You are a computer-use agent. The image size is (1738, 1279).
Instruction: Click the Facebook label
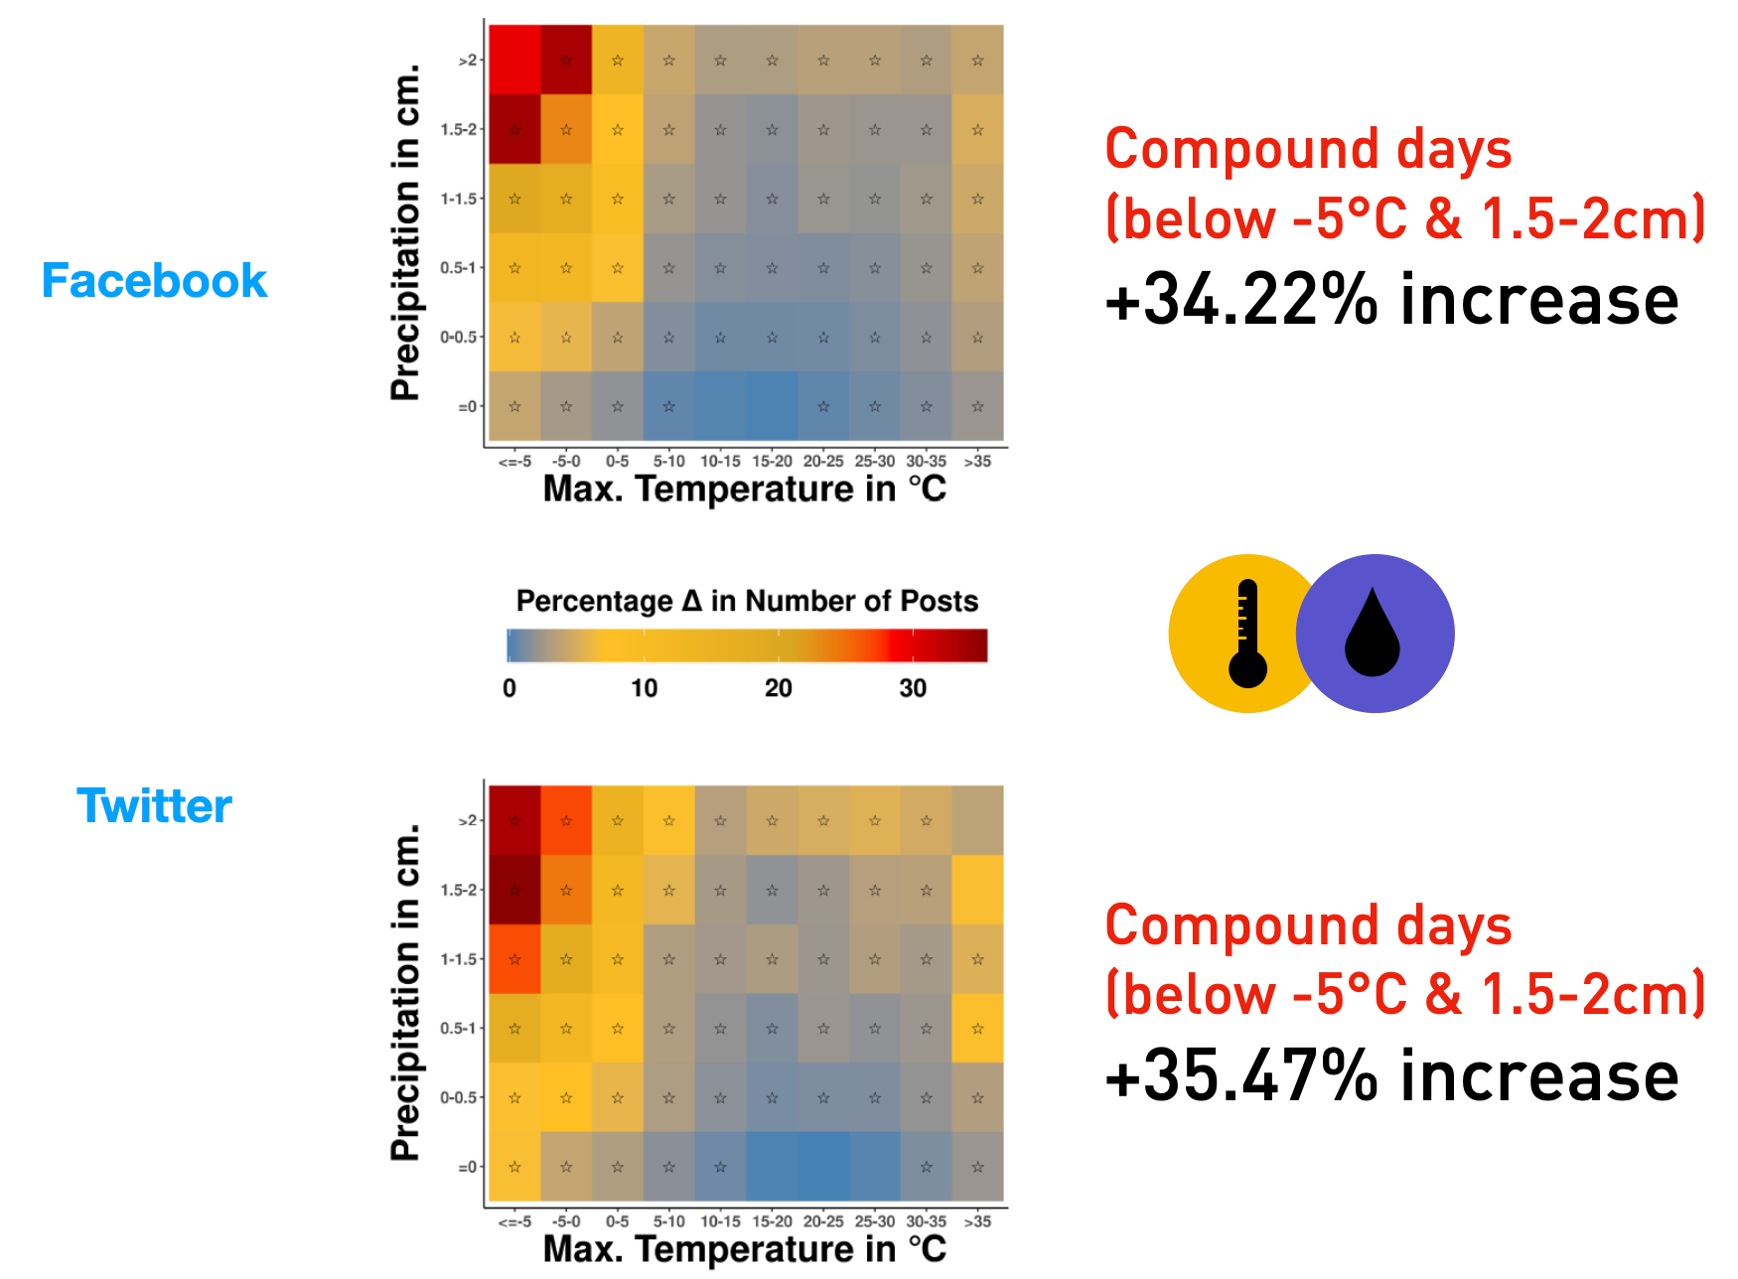154,281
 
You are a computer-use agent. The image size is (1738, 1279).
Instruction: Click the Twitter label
154,805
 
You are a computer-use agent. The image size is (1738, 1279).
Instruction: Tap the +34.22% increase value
1390,301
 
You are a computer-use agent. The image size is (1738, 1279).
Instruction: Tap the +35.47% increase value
1390,1077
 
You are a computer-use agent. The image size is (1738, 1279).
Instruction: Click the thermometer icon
1247,634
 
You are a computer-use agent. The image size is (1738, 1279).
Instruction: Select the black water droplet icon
1373,634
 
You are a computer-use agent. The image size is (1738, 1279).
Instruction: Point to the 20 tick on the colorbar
778,688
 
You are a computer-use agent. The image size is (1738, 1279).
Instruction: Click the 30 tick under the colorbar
913,688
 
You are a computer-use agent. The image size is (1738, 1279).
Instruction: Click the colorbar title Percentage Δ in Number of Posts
747,602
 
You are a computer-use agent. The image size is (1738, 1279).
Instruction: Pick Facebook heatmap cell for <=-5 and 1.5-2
514,129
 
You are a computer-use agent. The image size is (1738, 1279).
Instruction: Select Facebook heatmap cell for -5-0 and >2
566,61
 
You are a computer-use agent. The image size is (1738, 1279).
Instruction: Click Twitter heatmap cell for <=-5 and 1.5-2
514,890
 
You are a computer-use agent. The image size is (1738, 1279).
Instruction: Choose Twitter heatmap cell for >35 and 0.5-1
978,1029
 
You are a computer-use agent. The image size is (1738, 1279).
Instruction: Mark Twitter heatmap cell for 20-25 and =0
823,1167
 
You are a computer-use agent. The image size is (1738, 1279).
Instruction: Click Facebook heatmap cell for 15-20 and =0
772,406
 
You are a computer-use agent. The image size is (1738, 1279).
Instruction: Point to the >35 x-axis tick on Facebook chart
978,462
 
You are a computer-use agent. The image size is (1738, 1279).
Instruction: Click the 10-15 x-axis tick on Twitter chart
720,1221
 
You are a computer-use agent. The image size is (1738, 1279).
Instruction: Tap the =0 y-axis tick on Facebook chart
467,406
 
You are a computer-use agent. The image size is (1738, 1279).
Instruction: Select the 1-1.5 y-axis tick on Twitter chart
460,959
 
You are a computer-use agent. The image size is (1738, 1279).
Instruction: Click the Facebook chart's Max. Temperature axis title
745,490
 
